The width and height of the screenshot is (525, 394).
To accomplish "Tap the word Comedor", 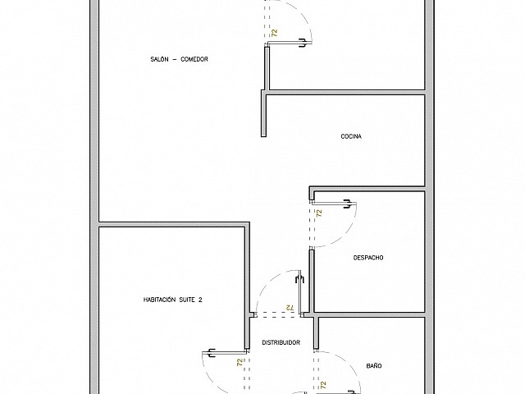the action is [194, 59].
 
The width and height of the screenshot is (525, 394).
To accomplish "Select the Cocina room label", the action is [351, 136].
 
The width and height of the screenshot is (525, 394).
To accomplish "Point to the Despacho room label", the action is [368, 258].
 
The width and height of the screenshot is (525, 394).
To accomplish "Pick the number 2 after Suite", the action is [200, 300].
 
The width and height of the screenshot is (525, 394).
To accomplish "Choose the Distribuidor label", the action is [281, 342].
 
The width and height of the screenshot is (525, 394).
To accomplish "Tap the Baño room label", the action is [374, 365].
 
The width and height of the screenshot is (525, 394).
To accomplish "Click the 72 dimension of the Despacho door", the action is [319, 213].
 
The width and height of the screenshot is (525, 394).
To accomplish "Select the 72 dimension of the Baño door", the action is [323, 385].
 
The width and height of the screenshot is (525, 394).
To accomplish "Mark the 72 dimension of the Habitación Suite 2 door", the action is [240, 362].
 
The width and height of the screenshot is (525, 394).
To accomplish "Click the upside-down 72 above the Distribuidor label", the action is [290, 307].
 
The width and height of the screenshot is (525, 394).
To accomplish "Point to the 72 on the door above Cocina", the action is [275, 33].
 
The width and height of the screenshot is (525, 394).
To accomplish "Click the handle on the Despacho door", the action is [347, 204].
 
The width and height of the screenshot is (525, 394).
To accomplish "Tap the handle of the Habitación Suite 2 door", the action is [211, 353].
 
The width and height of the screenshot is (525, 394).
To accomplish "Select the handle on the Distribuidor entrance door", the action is [299, 279].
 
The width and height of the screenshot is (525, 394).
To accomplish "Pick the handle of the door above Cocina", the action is [303, 43].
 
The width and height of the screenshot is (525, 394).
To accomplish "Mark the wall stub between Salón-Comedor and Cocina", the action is [263, 113].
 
